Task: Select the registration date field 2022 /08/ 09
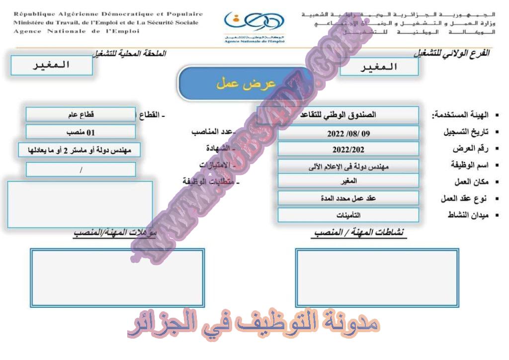(x=348, y=133)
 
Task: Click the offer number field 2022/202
(x=348, y=149)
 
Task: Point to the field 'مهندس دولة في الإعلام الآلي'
(x=348, y=167)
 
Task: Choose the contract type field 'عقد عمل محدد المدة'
(x=348, y=198)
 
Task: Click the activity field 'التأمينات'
(x=348, y=215)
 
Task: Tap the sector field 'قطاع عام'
(x=81, y=114)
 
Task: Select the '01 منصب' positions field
(x=81, y=132)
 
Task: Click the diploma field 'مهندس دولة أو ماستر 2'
(x=80, y=150)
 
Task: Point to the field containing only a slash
(x=81, y=170)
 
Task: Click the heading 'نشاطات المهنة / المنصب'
(x=360, y=232)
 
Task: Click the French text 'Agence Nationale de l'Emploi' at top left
(x=77, y=31)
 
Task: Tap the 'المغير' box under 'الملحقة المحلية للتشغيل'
(x=52, y=65)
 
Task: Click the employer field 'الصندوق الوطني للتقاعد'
(x=338, y=115)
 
